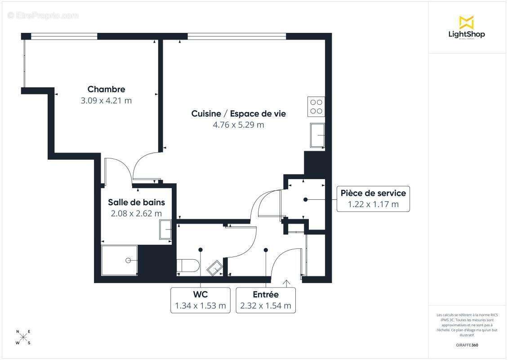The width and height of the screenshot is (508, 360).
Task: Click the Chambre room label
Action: pyautogui.click(x=106, y=89)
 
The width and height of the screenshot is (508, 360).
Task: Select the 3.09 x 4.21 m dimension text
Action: pyautogui.click(x=106, y=100)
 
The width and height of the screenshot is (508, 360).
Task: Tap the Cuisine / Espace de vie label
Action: pyautogui.click(x=238, y=113)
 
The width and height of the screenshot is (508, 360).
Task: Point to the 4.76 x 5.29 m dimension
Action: pyautogui.click(x=238, y=125)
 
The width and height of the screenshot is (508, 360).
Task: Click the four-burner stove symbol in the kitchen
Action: pyautogui.click(x=316, y=106)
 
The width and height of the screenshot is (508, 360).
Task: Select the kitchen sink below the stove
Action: pyautogui.click(x=317, y=135)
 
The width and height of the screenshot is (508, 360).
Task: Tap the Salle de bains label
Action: pyautogui.click(x=136, y=202)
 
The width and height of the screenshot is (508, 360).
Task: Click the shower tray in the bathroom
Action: pyautogui.click(x=120, y=260)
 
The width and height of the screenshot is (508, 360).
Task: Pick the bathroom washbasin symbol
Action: pyautogui.click(x=165, y=230)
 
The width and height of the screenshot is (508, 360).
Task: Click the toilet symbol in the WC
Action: pyautogui.click(x=187, y=265)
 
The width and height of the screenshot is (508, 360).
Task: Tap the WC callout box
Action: pyautogui.click(x=200, y=300)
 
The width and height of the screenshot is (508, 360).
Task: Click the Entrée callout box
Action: pyautogui.click(x=266, y=300)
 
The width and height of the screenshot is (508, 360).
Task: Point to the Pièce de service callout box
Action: pyautogui.click(x=373, y=198)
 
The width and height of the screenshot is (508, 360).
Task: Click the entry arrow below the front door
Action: pyautogui.click(x=285, y=283)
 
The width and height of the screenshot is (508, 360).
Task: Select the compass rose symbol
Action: pyautogui.click(x=23, y=337)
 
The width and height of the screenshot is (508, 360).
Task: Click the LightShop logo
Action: pyautogui.click(x=466, y=28)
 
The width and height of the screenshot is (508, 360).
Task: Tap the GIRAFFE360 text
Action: pyautogui.click(x=467, y=345)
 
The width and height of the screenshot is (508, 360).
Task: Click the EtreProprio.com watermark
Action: pyautogui.click(x=43, y=15)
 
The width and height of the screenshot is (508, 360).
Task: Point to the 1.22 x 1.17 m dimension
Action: pyautogui.click(x=373, y=204)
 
